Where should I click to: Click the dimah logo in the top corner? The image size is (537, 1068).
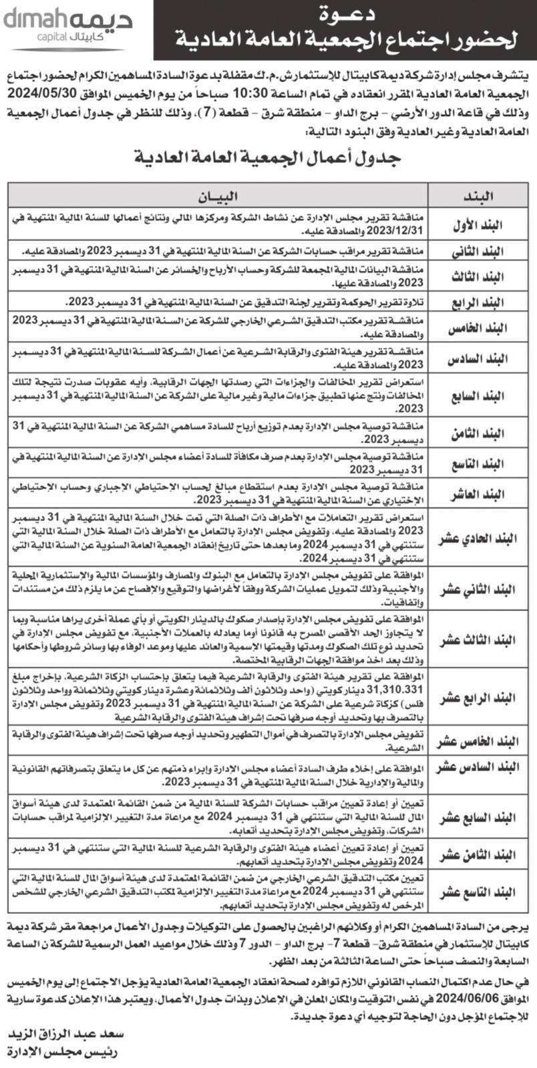coord(67,29)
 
